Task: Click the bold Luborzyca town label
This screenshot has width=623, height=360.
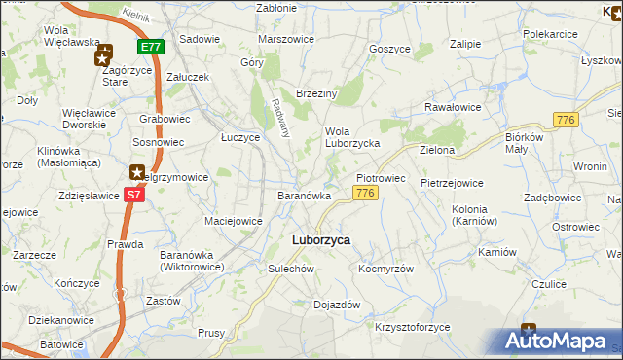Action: click(321, 239)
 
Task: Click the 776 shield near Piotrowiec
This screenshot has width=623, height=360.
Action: click(365, 194)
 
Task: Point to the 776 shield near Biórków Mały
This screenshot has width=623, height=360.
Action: click(566, 119)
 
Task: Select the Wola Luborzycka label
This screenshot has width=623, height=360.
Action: click(350, 137)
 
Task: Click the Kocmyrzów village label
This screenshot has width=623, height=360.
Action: click(386, 269)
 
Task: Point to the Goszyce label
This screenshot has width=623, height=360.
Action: click(389, 48)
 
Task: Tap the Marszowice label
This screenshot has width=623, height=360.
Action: click(286, 39)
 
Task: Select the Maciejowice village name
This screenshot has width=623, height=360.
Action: click(233, 221)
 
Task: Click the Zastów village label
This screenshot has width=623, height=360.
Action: click(163, 302)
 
